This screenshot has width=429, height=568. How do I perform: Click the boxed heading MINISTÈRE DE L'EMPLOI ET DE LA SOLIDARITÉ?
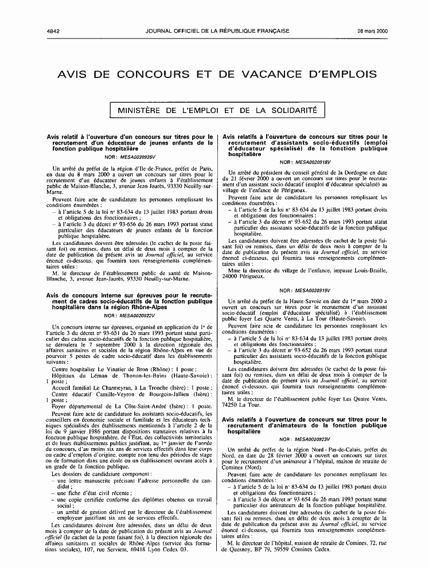[217, 110]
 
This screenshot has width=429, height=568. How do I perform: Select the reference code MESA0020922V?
[138, 316]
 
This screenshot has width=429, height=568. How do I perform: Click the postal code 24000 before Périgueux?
[234, 276]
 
